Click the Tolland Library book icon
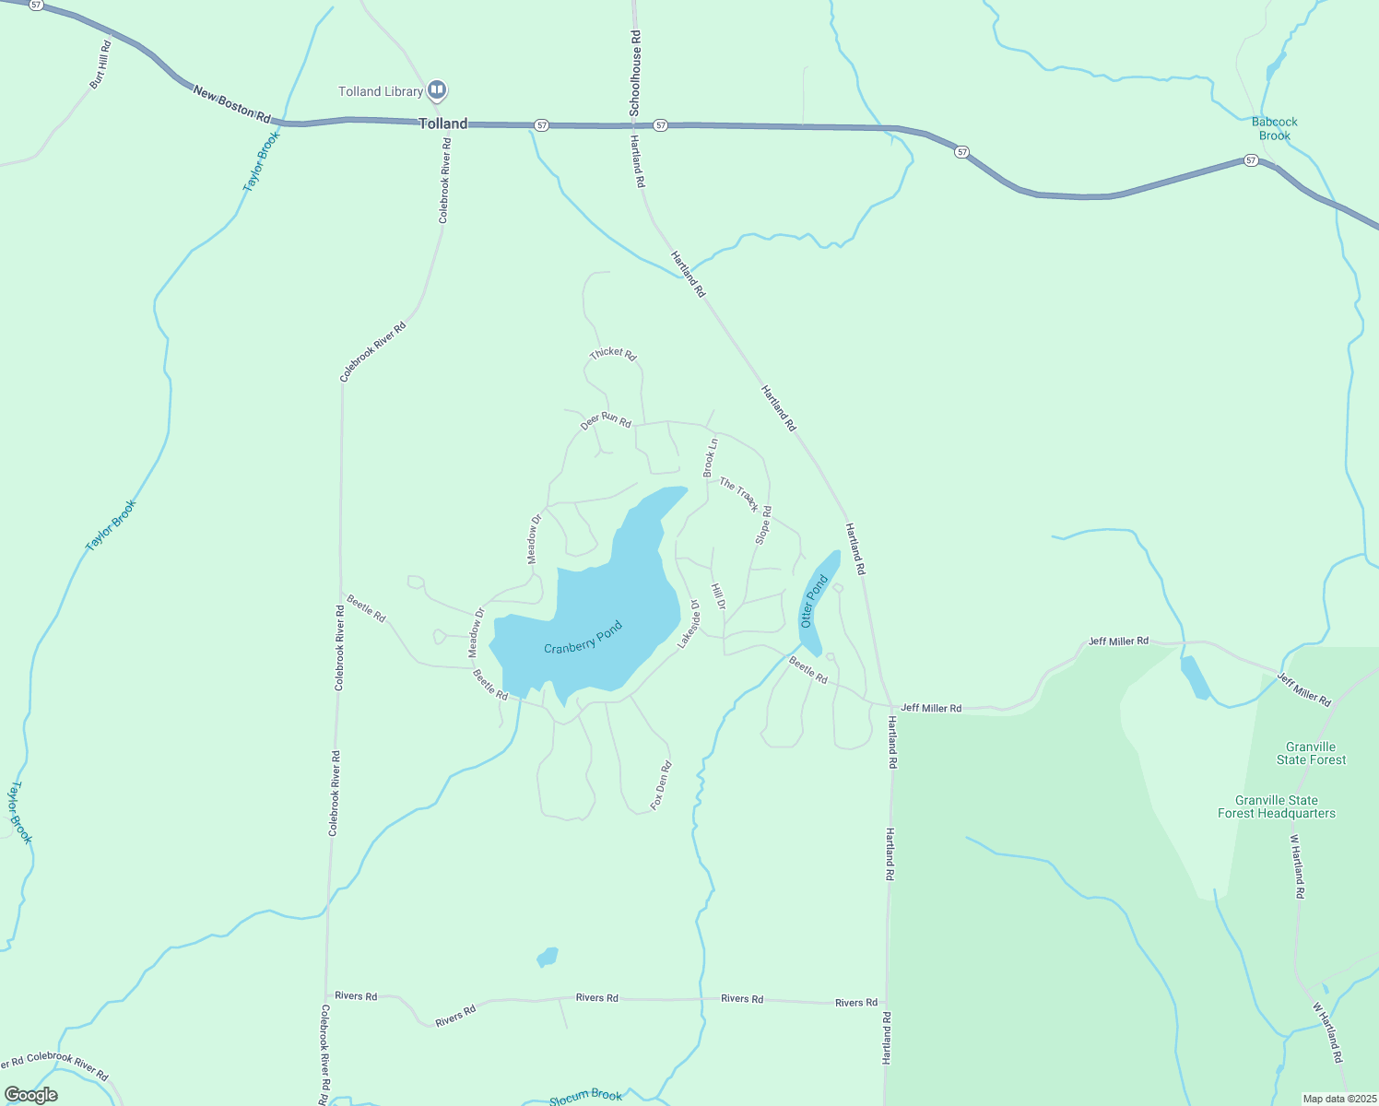coord(437,90)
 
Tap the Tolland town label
coord(443,124)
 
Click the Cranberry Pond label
coord(583,638)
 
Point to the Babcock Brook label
coord(1275,128)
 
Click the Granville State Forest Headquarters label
coord(1277,806)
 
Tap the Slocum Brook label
coord(586,1096)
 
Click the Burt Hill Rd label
coord(100,65)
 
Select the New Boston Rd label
coord(232,104)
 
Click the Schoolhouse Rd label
coord(635,73)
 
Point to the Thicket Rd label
coord(613,354)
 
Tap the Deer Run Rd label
coord(607,420)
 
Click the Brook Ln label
coord(710,458)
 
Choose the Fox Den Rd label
coord(661,785)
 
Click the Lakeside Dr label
coord(689,625)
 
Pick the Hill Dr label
coord(719,595)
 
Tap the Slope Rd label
coord(763,524)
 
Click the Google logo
coord(30,1095)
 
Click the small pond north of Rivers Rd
coord(548,957)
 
